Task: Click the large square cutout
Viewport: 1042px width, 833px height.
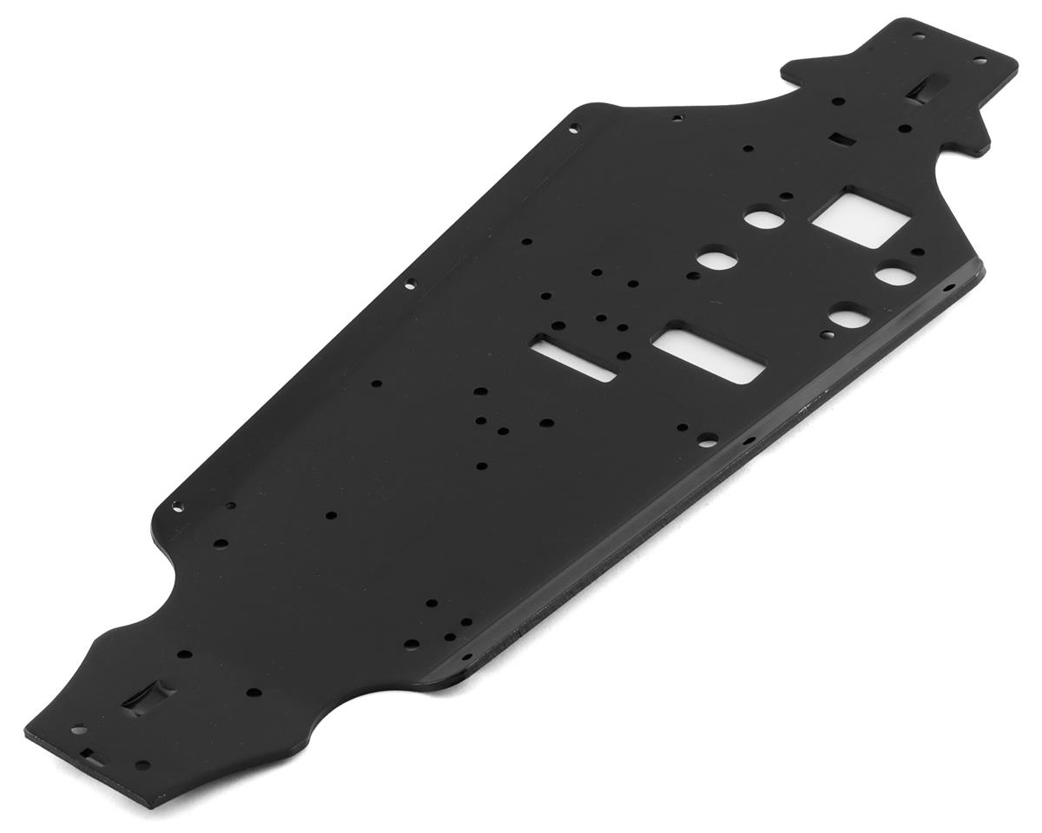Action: coord(860,218)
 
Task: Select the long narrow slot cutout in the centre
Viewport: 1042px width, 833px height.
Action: coord(574,358)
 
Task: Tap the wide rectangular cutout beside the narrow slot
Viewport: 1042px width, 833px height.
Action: coord(709,354)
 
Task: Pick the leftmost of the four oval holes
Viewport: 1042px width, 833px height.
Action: coord(717,259)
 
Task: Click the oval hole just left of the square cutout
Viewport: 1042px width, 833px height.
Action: coord(763,218)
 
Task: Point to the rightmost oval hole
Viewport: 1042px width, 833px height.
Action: coord(894,276)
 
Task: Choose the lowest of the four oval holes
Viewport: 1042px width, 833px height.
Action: coord(848,318)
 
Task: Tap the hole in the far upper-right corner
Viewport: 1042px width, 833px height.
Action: coord(979,61)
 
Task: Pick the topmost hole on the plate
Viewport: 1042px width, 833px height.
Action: coord(918,36)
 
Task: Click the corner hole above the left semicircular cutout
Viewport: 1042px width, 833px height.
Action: coord(178,506)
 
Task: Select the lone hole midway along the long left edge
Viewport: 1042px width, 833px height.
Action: coord(410,282)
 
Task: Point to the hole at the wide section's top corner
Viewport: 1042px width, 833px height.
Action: coord(573,129)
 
